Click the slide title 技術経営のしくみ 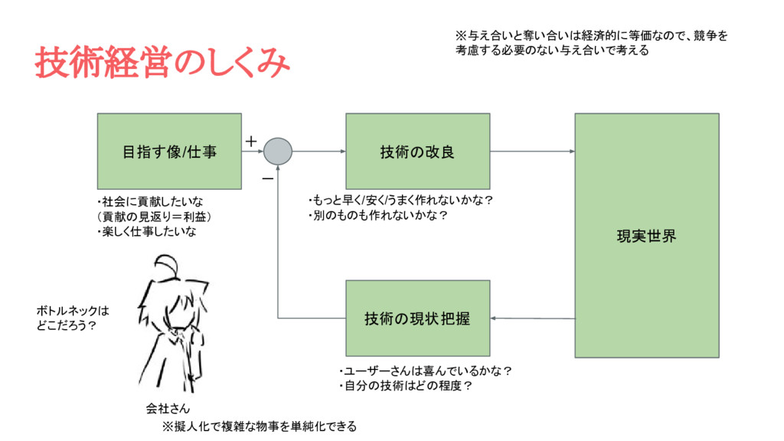(x=162, y=64)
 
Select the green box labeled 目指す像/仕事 (x=169, y=151)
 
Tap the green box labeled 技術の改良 (x=417, y=151)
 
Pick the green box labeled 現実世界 (x=646, y=236)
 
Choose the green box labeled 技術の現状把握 (x=417, y=318)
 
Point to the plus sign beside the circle (x=250, y=142)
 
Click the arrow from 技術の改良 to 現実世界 (x=532, y=151)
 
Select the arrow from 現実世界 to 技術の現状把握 (x=532, y=318)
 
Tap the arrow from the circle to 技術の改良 (x=318, y=151)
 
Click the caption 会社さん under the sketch (x=168, y=408)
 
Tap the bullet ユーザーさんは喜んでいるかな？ (x=426, y=371)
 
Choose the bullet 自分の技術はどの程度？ (x=406, y=386)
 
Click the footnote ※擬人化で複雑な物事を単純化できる (x=259, y=426)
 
